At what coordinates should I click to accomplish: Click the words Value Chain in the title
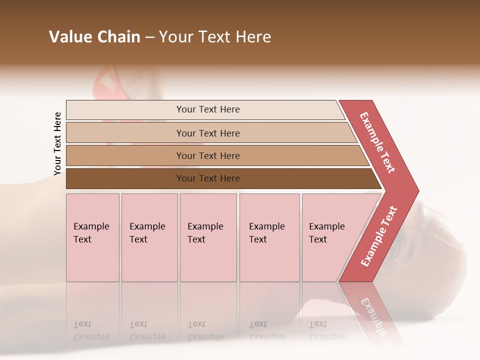[x=94, y=37]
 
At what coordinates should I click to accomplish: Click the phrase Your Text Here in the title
[x=215, y=37]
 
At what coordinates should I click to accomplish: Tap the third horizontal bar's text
[x=208, y=156]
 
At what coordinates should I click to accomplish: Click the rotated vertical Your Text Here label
[x=57, y=143]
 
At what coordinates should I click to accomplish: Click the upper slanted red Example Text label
[x=377, y=142]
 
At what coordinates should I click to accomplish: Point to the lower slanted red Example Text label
[x=379, y=236]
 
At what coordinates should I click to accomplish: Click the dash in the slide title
[x=149, y=37]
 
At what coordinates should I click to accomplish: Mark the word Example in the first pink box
[x=91, y=226]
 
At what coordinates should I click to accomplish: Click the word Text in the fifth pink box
[x=318, y=239]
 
